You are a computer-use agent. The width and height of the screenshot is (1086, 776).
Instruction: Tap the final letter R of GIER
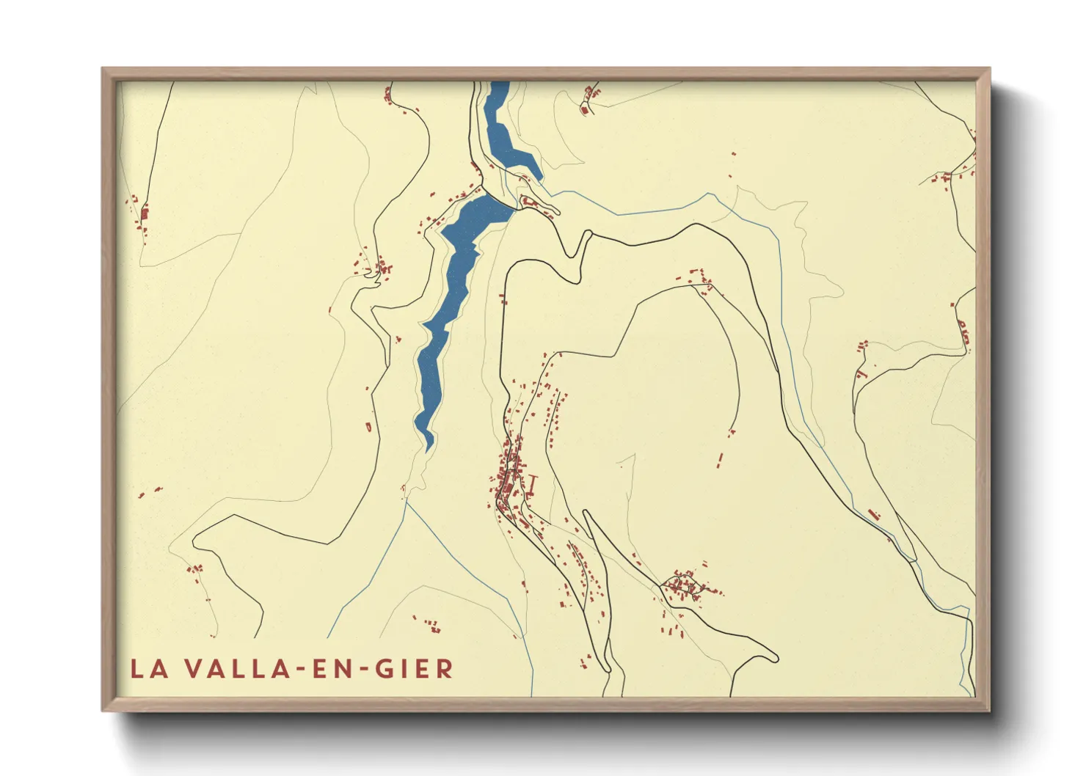click(445, 669)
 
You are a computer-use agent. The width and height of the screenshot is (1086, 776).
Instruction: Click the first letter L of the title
click(136, 669)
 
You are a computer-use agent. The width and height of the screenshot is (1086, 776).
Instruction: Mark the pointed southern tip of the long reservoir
click(429, 447)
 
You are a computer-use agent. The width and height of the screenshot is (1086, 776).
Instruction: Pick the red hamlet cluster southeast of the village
click(686, 585)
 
